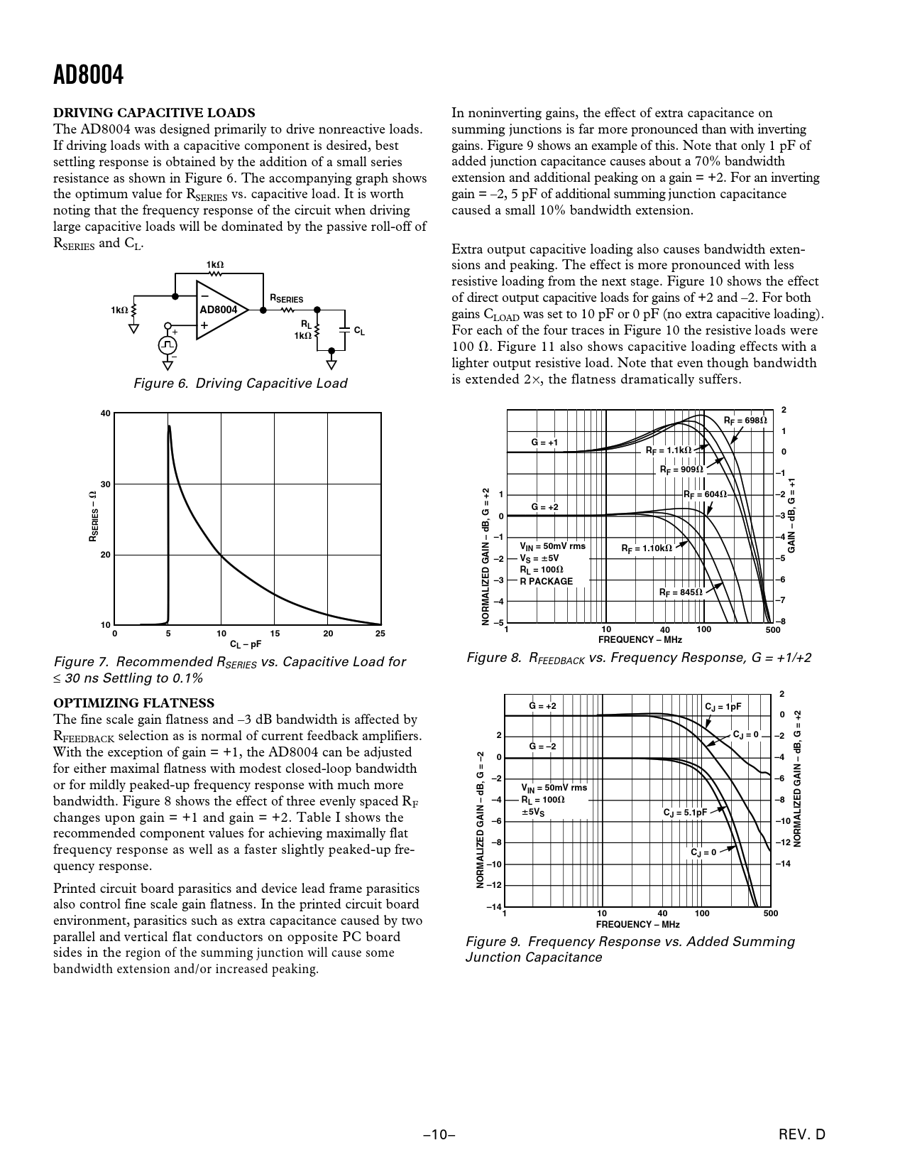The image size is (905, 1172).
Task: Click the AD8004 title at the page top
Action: pyautogui.click(x=88, y=75)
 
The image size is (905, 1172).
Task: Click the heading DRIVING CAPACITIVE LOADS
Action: pyautogui.click(x=154, y=113)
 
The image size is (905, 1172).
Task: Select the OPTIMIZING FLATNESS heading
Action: pyautogui.click(x=134, y=703)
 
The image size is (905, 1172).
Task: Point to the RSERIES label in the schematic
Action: pyautogui.click(x=285, y=299)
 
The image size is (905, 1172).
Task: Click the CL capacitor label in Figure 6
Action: pyautogui.click(x=359, y=331)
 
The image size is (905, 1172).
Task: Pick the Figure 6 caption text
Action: pyautogui.click(x=241, y=384)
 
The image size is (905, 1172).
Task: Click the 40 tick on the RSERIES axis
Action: pyautogui.click(x=105, y=413)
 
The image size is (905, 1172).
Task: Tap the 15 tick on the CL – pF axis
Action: pyautogui.click(x=275, y=633)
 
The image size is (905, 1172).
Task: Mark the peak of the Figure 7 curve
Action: pyautogui.click(x=169, y=427)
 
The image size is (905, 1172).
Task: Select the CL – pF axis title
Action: pyautogui.click(x=246, y=644)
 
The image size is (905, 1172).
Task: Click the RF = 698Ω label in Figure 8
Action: pyautogui.click(x=745, y=420)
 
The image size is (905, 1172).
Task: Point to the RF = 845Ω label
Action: pyautogui.click(x=681, y=592)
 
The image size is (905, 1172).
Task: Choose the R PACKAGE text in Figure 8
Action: pyautogui.click(x=546, y=581)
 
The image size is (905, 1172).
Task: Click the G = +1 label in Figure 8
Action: pyautogui.click(x=544, y=443)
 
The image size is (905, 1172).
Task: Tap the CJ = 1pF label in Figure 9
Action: pyautogui.click(x=723, y=707)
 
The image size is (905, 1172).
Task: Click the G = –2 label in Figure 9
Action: pyautogui.click(x=542, y=747)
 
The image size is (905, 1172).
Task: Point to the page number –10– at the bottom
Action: pyautogui.click(x=439, y=1135)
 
